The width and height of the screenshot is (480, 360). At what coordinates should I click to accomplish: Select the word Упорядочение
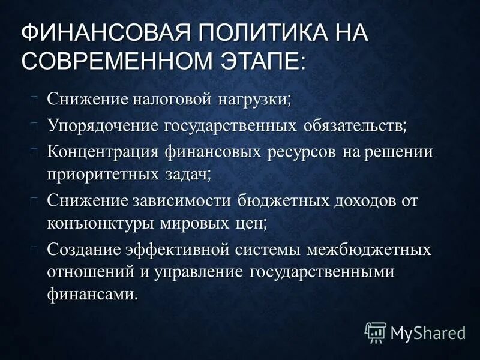[x=103, y=125]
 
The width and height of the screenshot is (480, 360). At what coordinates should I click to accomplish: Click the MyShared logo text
[x=428, y=331]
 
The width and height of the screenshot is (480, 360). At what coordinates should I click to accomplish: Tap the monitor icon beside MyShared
[x=376, y=331]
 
